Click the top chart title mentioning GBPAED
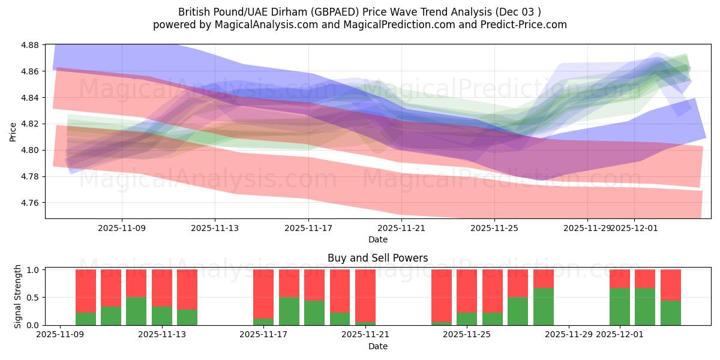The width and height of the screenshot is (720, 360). (x=359, y=12)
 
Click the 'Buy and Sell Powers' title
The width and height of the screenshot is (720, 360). (x=377, y=259)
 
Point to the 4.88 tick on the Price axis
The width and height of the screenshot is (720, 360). (x=30, y=45)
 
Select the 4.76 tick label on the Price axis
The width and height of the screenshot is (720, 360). (x=30, y=203)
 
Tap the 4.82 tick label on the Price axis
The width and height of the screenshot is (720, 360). (x=30, y=124)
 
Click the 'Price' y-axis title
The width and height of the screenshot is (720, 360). (x=13, y=132)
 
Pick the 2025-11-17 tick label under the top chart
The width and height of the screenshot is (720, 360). (x=308, y=228)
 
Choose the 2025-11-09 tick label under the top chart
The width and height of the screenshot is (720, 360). (x=122, y=228)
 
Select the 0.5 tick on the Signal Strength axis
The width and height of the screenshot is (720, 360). (x=33, y=298)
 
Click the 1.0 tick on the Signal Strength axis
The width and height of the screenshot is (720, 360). (x=33, y=270)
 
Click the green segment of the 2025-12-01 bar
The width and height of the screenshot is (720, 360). (x=620, y=307)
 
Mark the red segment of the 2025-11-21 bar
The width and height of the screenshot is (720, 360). (x=365, y=295)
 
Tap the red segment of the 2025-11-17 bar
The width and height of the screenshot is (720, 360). (x=263, y=293)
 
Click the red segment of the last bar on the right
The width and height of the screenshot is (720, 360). (x=671, y=284)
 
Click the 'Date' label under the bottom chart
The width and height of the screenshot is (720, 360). (x=377, y=346)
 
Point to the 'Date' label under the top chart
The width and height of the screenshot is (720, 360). (x=377, y=239)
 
